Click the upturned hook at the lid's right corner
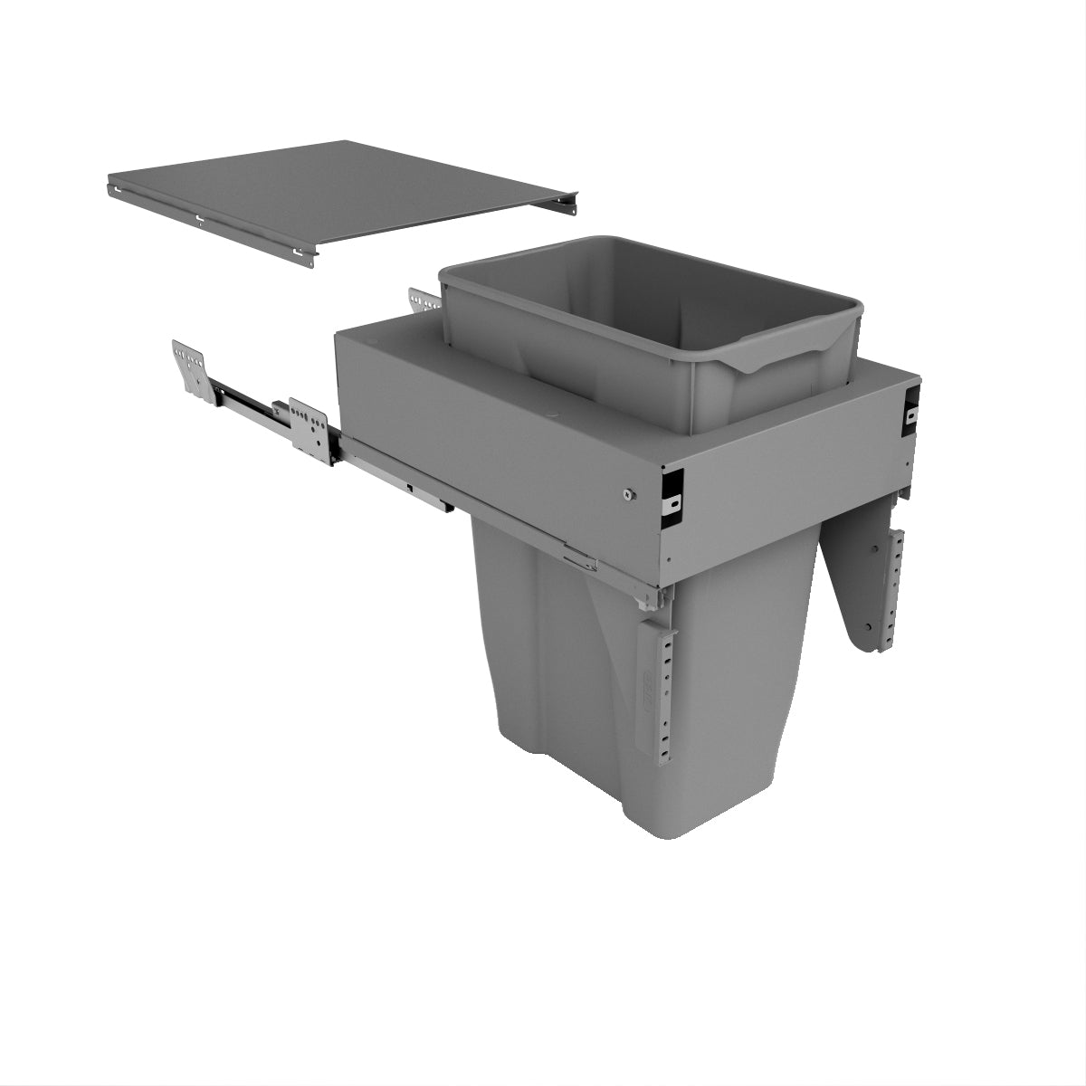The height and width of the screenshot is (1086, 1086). point(569,201)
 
